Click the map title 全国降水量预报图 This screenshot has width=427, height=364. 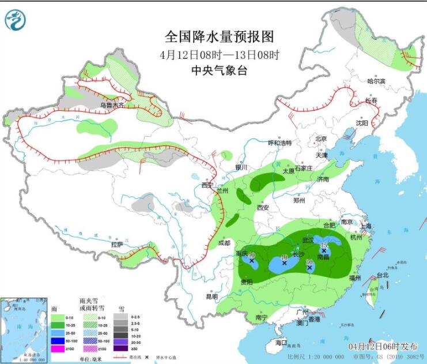[219, 37]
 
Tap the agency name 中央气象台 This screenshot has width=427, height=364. [219, 70]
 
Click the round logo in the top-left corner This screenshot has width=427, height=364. [16, 20]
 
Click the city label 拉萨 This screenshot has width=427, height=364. [118, 245]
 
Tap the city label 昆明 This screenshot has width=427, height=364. [212, 297]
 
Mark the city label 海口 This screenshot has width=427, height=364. [281, 343]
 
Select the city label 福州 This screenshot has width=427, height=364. [355, 277]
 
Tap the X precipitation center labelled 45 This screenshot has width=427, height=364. [324, 251]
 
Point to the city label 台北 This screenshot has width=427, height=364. [383, 275]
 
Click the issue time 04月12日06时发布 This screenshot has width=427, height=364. [383, 346]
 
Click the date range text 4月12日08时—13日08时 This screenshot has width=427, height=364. [219, 55]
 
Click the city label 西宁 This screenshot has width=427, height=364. [207, 185]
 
